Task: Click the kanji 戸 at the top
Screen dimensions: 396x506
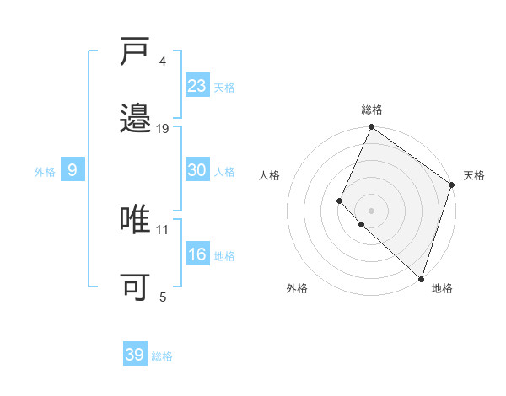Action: (x=136, y=53)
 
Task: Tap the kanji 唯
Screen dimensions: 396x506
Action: (x=136, y=219)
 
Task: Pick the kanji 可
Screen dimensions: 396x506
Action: (x=136, y=287)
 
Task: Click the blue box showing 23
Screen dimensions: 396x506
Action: (x=197, y=85)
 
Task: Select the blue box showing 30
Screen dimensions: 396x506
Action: (x=197, y=170)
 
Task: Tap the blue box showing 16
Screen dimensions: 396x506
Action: (x=197, y=254)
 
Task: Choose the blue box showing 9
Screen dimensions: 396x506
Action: (x=73, y=170)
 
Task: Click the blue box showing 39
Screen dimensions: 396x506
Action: (x=135, y=355)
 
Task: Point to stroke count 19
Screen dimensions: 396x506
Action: (x=163, y=128)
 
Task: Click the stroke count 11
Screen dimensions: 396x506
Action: (x=163, y=229)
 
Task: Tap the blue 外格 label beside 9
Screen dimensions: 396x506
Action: (x=45, y=171)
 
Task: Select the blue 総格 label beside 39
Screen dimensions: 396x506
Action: (x=162, y=356)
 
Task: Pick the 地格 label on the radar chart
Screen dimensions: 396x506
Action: (x=442, y=288)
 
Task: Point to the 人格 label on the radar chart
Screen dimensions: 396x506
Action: (x=270, y=175)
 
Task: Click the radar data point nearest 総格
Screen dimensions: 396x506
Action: (x=371, y=128)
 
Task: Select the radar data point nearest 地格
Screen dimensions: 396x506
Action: (x=421, y=278)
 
